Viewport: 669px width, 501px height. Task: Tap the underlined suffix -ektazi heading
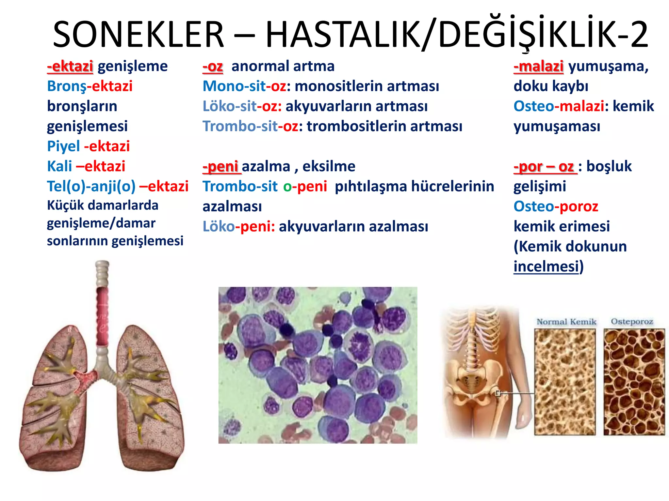[x=70, y=66]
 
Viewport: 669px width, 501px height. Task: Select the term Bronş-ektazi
[x=90, y=86]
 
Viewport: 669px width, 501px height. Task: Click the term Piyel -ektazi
[x=88, y=146]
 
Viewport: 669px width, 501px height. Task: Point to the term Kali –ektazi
[x=86, y=166]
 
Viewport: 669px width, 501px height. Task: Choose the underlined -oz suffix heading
[x=213, y=66]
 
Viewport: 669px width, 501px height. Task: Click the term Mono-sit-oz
[x=244, y=86]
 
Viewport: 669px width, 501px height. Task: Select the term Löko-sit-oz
[x=242, y=106]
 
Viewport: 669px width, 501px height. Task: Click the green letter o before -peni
[x=287, y=187]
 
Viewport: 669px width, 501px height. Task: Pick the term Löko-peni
[x=238, y=226]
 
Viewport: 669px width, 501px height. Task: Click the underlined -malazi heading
[x=538, y=66]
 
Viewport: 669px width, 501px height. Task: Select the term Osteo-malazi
[x=559, y=106]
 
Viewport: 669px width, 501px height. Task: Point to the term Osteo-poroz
[x=556, y=206]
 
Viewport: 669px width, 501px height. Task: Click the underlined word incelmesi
[x=546, y=266]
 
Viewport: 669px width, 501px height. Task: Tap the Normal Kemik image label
[x=566, y=322]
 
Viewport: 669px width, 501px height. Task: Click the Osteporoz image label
[x=632, y=322]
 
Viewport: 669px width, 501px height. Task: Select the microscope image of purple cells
[x=318, y=365]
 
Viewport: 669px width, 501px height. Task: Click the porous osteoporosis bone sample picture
[x=634, y=382]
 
